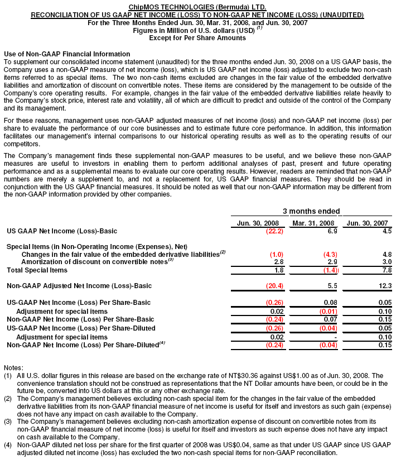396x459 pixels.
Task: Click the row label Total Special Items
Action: tap(37, 270)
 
